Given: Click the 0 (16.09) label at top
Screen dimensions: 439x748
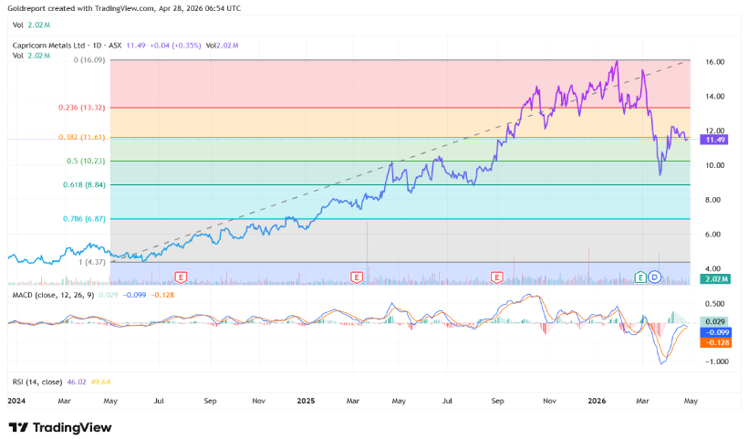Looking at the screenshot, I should tap(90, 59).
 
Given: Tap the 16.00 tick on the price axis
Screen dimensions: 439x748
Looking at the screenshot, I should tap(714, 62).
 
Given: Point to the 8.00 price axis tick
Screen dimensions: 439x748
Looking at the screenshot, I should tap(712, 200).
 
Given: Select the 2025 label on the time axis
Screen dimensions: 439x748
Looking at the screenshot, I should tap(306, 401).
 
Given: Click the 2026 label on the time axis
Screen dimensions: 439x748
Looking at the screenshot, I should tap(597, 401).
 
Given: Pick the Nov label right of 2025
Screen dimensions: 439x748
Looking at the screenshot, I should tap(549, 401).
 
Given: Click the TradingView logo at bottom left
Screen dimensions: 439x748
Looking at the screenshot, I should tap(60, 427).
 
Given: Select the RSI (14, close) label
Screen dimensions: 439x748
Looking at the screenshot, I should tap(36, 381).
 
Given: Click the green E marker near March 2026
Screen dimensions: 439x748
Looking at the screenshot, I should tap(640, 276).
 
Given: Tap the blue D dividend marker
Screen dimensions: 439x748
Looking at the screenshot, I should tap(654, 276).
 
